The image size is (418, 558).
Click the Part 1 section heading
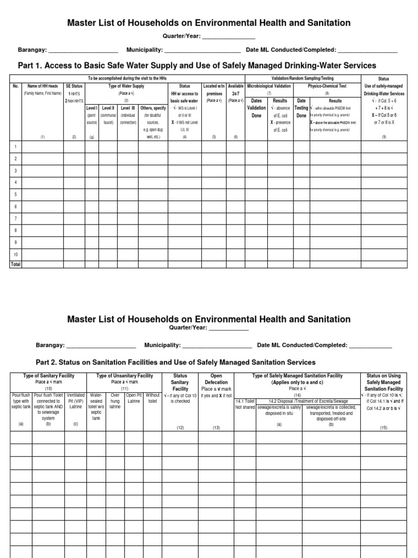click(198, 65)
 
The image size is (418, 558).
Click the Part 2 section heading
click(175, 362)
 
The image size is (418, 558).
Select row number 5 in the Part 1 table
click(16, 194)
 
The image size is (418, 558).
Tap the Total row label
click(16, 264)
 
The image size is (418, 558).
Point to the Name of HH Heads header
click(42, 86)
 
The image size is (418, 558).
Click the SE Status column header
click(75, 86)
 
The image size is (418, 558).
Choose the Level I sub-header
click(91, 108)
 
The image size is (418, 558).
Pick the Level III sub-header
click(128, 108)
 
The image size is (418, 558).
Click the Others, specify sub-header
click(153, 108)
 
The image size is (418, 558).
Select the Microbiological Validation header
click(269, 86)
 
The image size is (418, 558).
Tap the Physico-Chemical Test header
click(327, 86)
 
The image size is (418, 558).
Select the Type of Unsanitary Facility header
click(125, 376)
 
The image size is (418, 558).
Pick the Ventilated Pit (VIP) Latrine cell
click(76, 401)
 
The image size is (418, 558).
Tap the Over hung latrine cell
click(115, 401)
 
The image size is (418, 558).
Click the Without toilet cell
click(153, 398)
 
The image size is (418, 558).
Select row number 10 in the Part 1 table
click(16, 254)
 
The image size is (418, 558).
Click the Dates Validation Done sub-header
click(256, 108)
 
